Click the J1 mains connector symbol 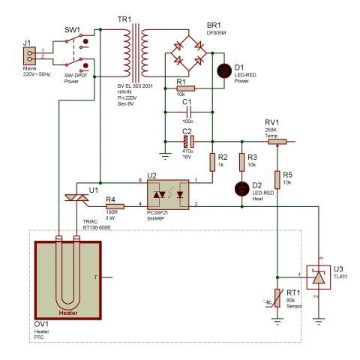(x=29, y=56)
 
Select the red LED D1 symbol (x=224, y=71)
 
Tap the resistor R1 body (x=186, y=88)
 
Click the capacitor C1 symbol (x=189, y=112)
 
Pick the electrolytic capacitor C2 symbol (x=189, y=142)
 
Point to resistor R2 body (x=212, y=162)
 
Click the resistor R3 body (x=241, y=162)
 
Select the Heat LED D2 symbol (x=241, y=189)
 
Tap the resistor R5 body (x=277, y=180)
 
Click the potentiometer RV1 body (x=277, y=142)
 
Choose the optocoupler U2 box (x=168, y=194)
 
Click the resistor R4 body (x=115, y=206)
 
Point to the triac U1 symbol (x=76, y=198)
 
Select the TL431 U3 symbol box (x=319, y=277)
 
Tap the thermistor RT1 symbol (x=277, y=298)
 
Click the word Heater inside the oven (x=68, y=313)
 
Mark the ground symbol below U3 (x=319, y=321)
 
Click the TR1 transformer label (x=124, y=19)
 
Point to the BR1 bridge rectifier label (x=214, y=25)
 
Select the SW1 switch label (x=72, y=30)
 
